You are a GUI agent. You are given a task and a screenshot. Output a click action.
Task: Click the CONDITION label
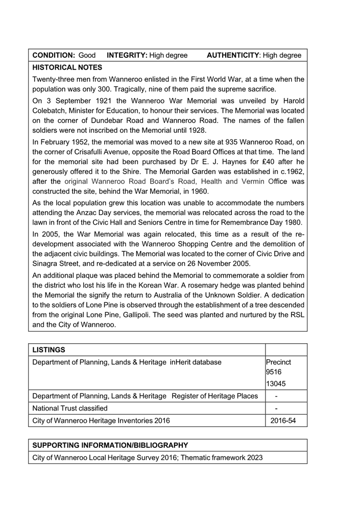pyautogui.click(x=54, y=55)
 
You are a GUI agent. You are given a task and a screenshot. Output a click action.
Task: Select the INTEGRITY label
pyautogui.click(x=127, y=55)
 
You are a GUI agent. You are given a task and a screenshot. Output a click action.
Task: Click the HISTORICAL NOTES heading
pyautogui.click(x=67, y=67)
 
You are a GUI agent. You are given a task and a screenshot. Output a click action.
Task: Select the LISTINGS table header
pyautogui.click(x=49, y=349)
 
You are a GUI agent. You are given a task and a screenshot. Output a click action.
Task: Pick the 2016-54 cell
pyautogui.click(x=283, y=421)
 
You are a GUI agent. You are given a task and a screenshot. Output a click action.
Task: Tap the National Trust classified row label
pyautogui.click(x=70, y=408)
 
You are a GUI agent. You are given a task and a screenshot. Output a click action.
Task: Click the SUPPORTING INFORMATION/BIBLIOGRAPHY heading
pyautogui.click(x=110, y=445)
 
